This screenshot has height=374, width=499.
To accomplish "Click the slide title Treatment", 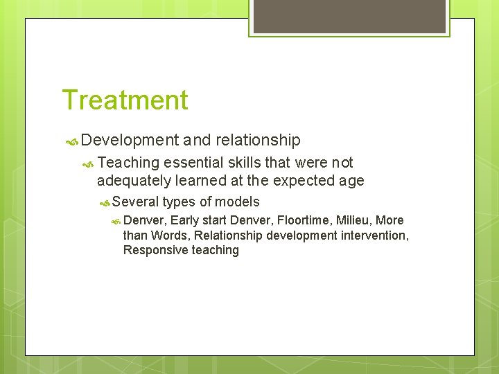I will [125, 100].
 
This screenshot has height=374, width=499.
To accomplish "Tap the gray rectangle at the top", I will [350, 16].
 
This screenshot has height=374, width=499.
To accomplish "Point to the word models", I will [238, 202].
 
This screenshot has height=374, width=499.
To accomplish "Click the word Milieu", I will [355, 220].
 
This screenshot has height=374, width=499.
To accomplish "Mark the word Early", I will [184, 221].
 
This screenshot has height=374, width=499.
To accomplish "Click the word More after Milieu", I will [389, 220].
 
